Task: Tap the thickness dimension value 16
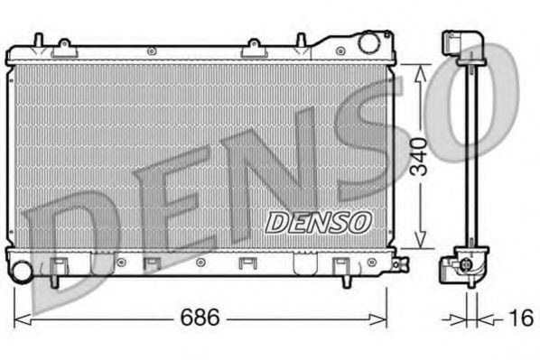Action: click(520, 318)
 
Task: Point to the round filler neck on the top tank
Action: click(368, 42)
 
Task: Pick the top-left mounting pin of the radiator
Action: click(38, 40)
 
